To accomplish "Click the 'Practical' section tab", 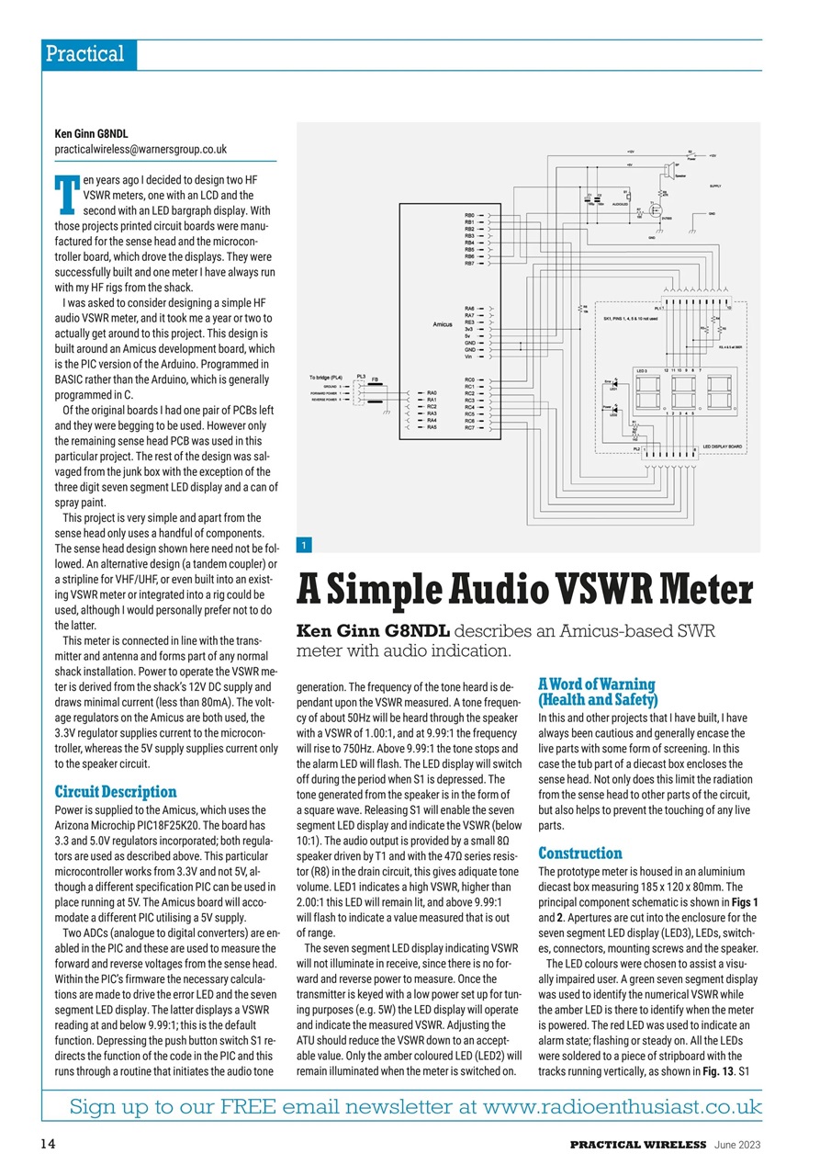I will point(84,54).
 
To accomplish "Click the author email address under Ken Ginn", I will point(140,149).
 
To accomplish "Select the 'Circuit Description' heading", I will point(116,792).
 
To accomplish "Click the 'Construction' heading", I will point(580,854).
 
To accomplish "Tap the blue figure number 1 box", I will point(304,546).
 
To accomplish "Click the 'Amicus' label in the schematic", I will point(444,324).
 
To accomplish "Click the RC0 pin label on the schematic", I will point(469,379).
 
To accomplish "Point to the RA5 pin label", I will point(432,427).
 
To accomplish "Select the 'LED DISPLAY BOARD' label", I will point(723,447).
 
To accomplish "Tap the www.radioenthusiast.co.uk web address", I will point(622,1106).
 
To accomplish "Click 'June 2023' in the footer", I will point(737,1146).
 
